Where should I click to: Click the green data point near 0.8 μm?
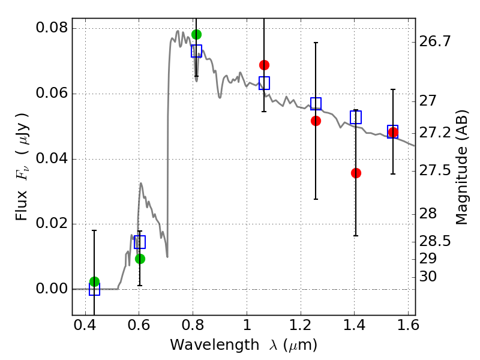[196, 34]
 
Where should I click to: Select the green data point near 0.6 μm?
[140, 259]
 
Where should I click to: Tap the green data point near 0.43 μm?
[94, 281]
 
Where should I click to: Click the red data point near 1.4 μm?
[356, 173]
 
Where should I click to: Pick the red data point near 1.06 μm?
[264, 65]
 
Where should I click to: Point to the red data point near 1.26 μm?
[316, 121]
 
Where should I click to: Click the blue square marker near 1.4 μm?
[356, 118]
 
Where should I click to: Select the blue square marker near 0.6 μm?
[140, 242]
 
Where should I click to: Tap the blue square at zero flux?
[94, 289]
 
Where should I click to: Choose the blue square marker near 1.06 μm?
[264, 83]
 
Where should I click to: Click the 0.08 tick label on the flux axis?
[52, 28]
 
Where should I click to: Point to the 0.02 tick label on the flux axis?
[52, 224]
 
